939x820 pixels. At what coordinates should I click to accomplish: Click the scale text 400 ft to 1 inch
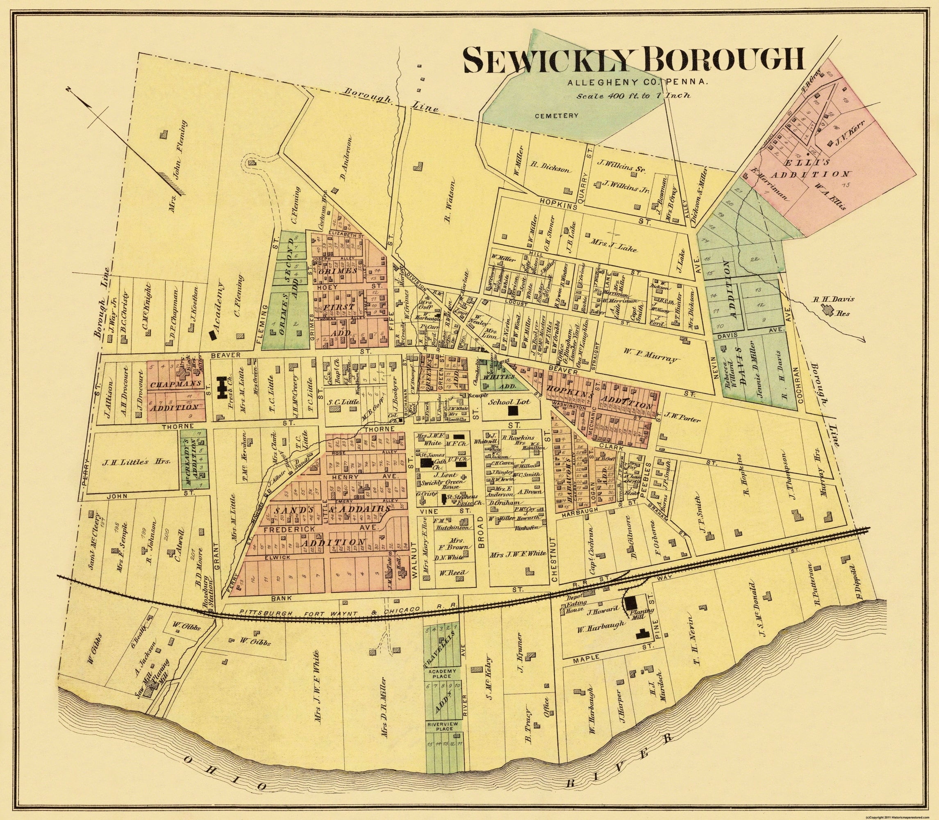pyautogui.click(x=633, y=96)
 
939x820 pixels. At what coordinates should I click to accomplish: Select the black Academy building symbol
pyautogui.click(x=213, y=335)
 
